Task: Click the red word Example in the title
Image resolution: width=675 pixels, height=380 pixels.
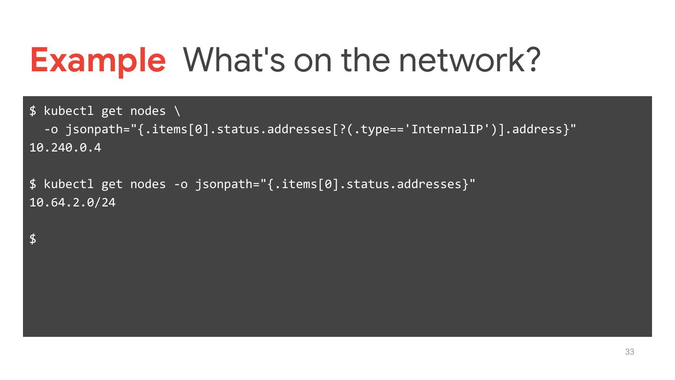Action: (98, 61)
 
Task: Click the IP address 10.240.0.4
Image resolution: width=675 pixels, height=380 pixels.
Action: (65, 148)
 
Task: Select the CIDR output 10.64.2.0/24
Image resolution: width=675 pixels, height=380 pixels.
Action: (72, 203)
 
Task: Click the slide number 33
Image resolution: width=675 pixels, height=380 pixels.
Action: (630, 352)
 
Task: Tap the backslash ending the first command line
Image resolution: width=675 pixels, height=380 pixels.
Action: (177, 111)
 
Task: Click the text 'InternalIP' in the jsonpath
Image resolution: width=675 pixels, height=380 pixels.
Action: (447, 129)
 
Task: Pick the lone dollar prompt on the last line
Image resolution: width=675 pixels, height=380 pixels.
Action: (33, 239)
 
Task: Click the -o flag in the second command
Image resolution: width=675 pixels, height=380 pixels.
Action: (180, 184)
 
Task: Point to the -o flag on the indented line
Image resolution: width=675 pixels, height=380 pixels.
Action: (51, 129)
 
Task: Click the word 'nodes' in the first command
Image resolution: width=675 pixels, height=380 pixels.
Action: (148, 111)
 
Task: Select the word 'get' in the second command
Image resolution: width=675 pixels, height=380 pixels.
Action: (112, 184)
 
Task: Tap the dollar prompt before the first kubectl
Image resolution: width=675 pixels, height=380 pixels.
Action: (33, 111)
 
